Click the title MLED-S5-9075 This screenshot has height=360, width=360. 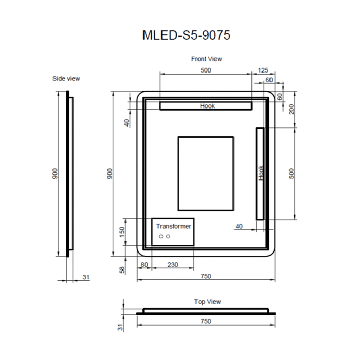point(186,35)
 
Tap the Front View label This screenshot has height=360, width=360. point(207,59)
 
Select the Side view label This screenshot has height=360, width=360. point(66,79)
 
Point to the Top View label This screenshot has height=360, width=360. point(208,302)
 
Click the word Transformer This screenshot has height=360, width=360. point(174,226)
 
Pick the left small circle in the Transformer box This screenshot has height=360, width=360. point(161,236)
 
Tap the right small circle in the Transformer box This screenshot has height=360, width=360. point(168,236)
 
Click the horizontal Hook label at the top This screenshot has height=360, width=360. point(207,106)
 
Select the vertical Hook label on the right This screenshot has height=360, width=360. point(261,173)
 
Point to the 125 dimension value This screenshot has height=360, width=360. point(263,70)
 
